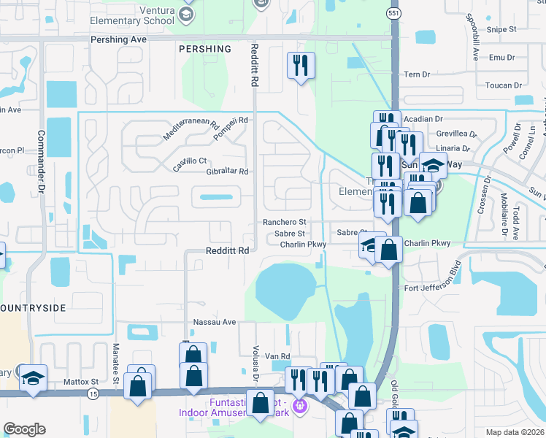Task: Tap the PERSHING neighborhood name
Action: pos(204,49)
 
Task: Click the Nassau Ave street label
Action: pos(215,322)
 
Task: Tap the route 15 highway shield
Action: pos(93,393)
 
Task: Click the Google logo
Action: pos(24,429)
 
